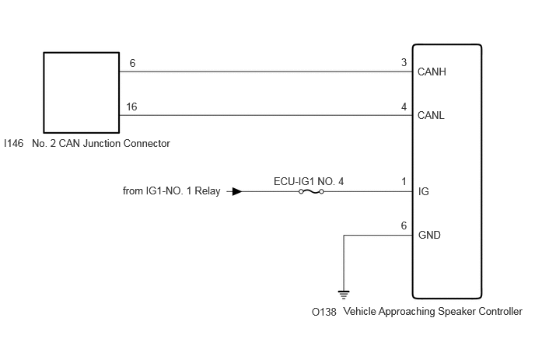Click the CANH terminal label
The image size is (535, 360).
tap(432, 72)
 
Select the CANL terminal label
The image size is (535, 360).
tap(431, 115)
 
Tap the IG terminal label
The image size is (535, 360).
tap(424, 191)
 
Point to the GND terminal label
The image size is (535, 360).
tap(429, 235)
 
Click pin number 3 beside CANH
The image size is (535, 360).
tap(404, 62)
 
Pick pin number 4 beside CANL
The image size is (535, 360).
tap(404, 107)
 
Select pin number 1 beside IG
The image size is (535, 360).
tap(404, 181)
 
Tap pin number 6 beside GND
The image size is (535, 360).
tap(404, 225)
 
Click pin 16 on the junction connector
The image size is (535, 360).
tap(131, 107)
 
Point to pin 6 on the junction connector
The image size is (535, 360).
tap(132, 63)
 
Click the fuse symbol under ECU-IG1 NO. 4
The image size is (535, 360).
tap(311, 192)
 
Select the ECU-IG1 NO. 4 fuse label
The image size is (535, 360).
tap(309, 181)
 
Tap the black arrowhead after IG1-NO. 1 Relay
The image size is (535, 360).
tap(237, 191)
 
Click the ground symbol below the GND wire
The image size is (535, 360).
tap(344, 295)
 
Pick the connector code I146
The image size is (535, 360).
tap(14, 143)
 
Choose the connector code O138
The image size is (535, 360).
tap(324, 312)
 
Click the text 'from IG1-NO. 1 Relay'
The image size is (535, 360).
tap(172, 190)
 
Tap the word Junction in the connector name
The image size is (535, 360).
tap(101, 143)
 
